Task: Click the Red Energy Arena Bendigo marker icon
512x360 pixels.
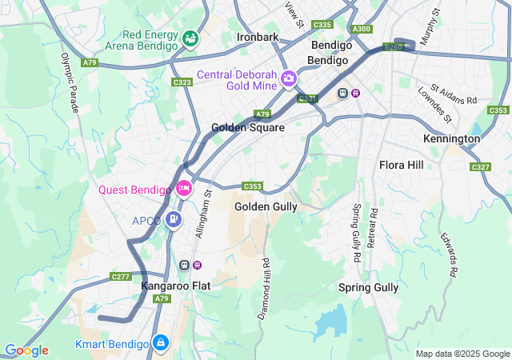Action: (190, 38)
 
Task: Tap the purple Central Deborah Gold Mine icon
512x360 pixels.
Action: (288, 78)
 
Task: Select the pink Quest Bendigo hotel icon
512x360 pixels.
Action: (184, 189)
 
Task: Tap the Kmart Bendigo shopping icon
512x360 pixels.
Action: (161, 343)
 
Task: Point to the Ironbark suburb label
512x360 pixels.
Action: (258, 37)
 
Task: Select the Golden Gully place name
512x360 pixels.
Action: (266, 206)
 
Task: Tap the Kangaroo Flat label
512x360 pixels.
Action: (176, 286)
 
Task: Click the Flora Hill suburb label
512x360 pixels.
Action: (401, 166)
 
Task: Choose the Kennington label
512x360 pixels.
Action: (451, 138)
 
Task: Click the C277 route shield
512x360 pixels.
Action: (120, 276)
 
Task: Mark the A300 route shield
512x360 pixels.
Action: (362, 29)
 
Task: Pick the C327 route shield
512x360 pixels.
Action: (481, 167)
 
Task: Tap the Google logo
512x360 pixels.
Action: (26, 350)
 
